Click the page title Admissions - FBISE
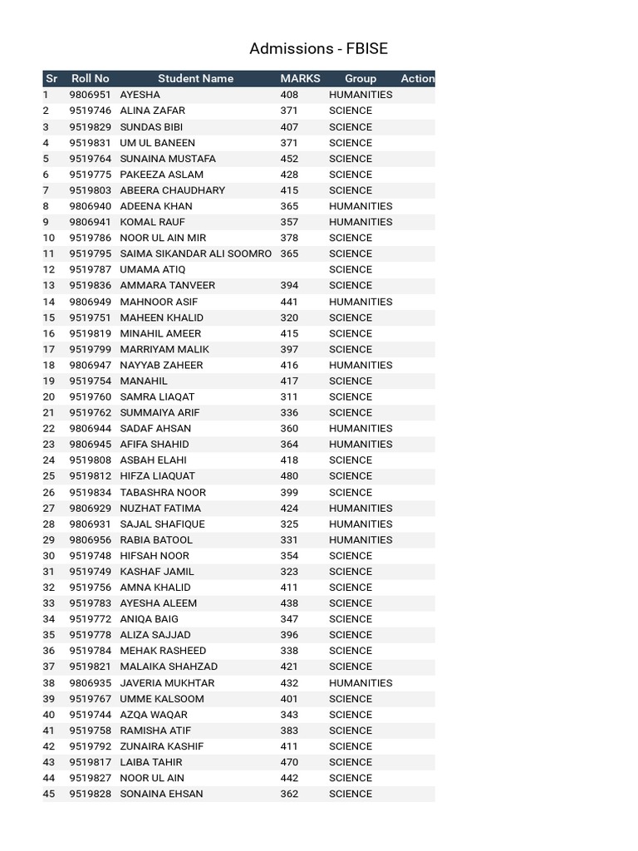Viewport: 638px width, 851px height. (x=318, y=49)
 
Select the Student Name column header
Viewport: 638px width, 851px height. (x=195, y=79)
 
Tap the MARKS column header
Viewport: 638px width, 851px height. (x=300, y=79)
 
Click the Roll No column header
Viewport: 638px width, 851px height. (x=91, y=79)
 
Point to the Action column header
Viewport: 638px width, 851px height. (x=417, y=79)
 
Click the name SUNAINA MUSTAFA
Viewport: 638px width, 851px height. (x=168, y=159)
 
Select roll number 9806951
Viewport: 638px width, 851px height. (x=90, y=95)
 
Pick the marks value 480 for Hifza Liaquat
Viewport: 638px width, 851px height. (x=289, y=476)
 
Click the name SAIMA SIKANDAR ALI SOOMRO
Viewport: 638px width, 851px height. (x=195, y=253)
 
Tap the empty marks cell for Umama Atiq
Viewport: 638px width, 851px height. (x=299, y=269)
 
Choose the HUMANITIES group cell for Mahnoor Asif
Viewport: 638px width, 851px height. (x=361, y=302)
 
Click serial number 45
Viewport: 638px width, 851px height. (x=49, y=794)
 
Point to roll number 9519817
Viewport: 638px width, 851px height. (x=90, y=762)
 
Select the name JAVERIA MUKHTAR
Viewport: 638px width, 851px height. (x=167, y=683)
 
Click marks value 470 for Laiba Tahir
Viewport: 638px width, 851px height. (x=289, y=762)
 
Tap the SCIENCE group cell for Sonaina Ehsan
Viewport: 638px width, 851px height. (x=351, y=794)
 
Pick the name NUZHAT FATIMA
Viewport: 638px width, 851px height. (x=160, y=508)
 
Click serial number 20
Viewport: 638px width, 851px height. (x=49, y=396)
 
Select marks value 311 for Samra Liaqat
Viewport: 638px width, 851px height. (x=289, y=396)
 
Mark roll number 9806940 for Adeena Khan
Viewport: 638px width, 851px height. (x=90, y=206)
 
